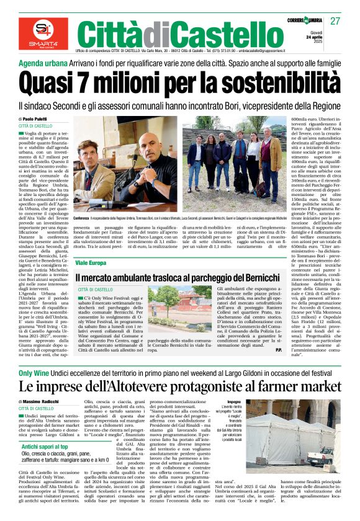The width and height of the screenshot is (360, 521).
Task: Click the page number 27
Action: (335, 22)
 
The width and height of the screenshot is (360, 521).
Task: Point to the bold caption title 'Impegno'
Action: (244, 402)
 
